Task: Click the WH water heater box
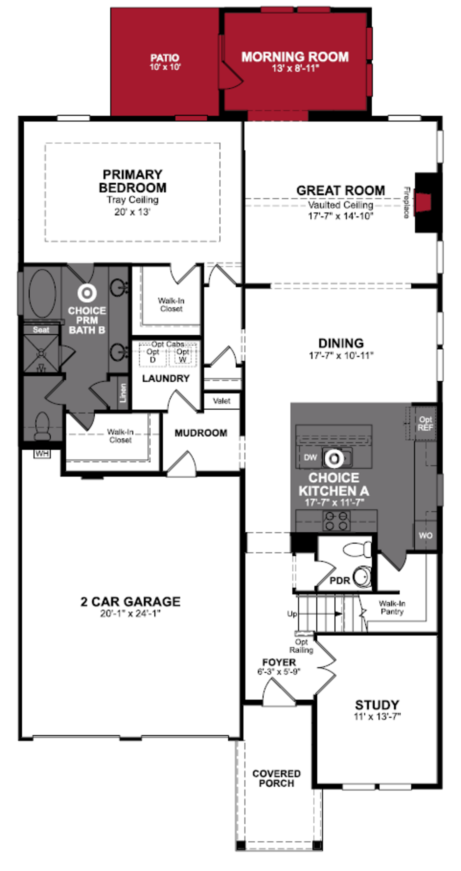(42, 453)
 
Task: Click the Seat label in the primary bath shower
(41, 330)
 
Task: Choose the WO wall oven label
(425, 535)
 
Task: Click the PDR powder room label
(340, 581)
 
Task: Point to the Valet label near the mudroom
(222, 401)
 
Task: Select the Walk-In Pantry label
(392, 608)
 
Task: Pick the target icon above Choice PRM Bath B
(87, 293)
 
